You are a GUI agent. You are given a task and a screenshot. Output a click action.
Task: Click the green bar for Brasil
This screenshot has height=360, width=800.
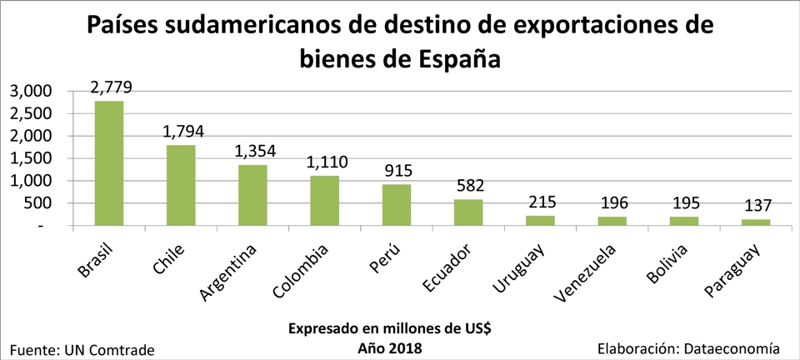click(109, 163)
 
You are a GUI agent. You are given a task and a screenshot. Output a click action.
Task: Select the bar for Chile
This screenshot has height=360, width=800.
click(181, 185)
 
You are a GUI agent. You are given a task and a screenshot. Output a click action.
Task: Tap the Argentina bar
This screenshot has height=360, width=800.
click(253, 195)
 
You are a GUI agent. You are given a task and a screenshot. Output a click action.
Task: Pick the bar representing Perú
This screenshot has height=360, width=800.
click(397, 205)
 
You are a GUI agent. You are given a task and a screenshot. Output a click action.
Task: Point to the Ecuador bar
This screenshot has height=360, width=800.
click(468, 212)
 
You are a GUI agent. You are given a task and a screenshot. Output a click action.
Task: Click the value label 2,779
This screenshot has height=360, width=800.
click(112, 87)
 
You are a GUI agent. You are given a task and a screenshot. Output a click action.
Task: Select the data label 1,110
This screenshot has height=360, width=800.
click(327, 162)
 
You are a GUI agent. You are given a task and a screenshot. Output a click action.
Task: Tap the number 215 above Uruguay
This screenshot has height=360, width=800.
click(540, 202)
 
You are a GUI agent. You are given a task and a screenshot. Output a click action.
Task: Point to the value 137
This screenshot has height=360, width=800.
click(756, 205)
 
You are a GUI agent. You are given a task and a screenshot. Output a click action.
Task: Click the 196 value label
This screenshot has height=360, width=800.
click(612, 202)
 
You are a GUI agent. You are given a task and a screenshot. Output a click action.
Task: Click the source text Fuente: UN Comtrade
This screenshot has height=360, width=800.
click(82, 350)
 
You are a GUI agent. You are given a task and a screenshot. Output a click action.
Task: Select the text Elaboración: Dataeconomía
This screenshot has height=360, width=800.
click(689, 349)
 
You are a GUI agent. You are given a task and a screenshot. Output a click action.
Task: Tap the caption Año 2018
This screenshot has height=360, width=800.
click(390, 348)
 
